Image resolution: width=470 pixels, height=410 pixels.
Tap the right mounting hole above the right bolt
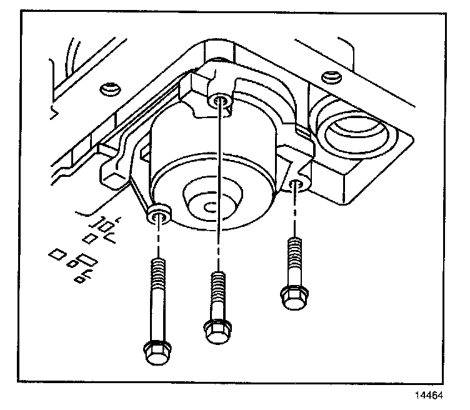coord(298,184)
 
